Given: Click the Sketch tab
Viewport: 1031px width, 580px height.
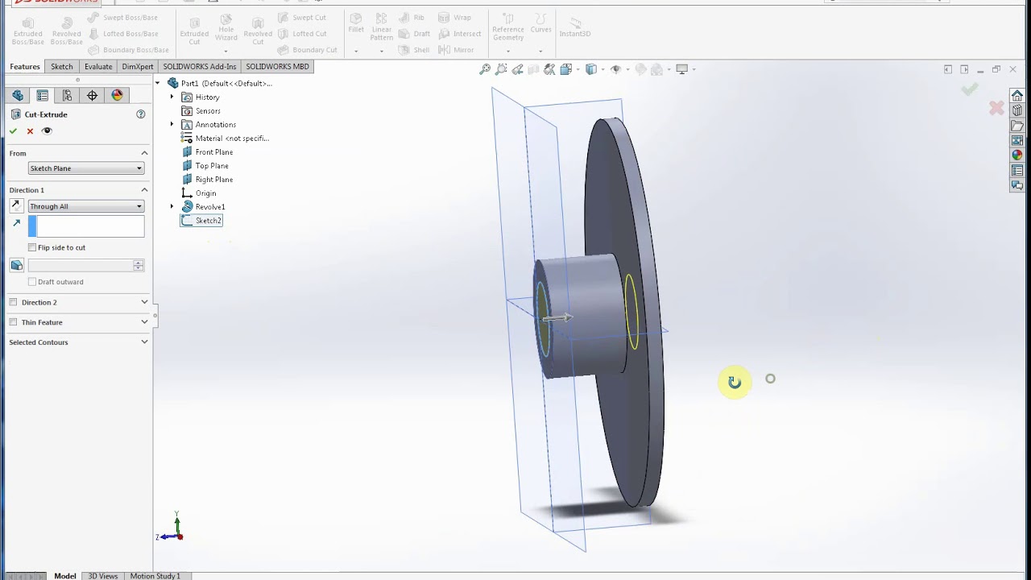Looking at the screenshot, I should point(61,67).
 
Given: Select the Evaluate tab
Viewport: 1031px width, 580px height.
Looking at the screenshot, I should point(98,67).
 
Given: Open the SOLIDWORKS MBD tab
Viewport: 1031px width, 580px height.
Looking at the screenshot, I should point(277,67).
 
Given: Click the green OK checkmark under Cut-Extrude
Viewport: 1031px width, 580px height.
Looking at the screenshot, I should point(13,131).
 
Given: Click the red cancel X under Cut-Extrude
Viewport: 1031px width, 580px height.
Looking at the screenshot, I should point(30,131).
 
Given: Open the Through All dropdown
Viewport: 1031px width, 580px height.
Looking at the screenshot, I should point(85,206).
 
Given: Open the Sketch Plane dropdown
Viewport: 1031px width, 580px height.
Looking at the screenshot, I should point(85,168).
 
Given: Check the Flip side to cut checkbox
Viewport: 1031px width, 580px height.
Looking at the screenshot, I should point(32,247).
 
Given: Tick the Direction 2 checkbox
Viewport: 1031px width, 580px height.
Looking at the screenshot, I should point(13,302).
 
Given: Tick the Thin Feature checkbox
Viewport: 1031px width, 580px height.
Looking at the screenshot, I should point(13,322).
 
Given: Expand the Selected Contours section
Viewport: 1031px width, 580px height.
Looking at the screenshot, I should point(144,342).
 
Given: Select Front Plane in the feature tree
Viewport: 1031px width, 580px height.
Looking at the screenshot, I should point(213,152).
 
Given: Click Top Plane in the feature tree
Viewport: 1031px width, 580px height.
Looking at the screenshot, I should point(211,166).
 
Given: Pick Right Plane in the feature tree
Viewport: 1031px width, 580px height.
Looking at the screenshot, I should point(213,180).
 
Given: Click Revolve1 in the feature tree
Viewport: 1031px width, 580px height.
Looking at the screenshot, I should point(209,207).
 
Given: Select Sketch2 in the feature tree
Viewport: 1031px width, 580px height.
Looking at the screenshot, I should point(208,221).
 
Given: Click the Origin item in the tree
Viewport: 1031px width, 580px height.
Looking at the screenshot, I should point(205,193).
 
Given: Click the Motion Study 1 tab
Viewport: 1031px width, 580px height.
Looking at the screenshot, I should point(155,576).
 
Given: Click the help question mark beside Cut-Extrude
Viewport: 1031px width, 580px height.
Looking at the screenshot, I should point(141,114).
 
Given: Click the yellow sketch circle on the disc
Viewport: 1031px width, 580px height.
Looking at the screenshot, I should point(631,313).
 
